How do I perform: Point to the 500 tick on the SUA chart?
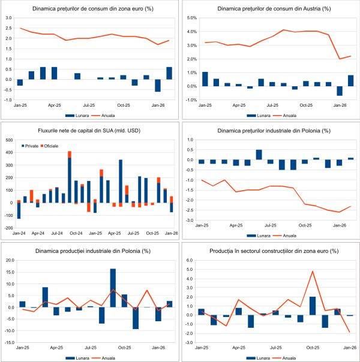click(10, 140)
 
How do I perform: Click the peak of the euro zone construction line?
click(313, 271)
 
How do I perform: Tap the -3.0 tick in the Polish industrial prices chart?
click(191, 221)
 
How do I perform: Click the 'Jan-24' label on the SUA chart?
click(19, 232)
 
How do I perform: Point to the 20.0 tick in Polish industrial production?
click(9, 260)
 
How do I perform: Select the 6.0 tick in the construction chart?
click(191, 261)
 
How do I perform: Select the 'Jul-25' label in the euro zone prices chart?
click(91, 104)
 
